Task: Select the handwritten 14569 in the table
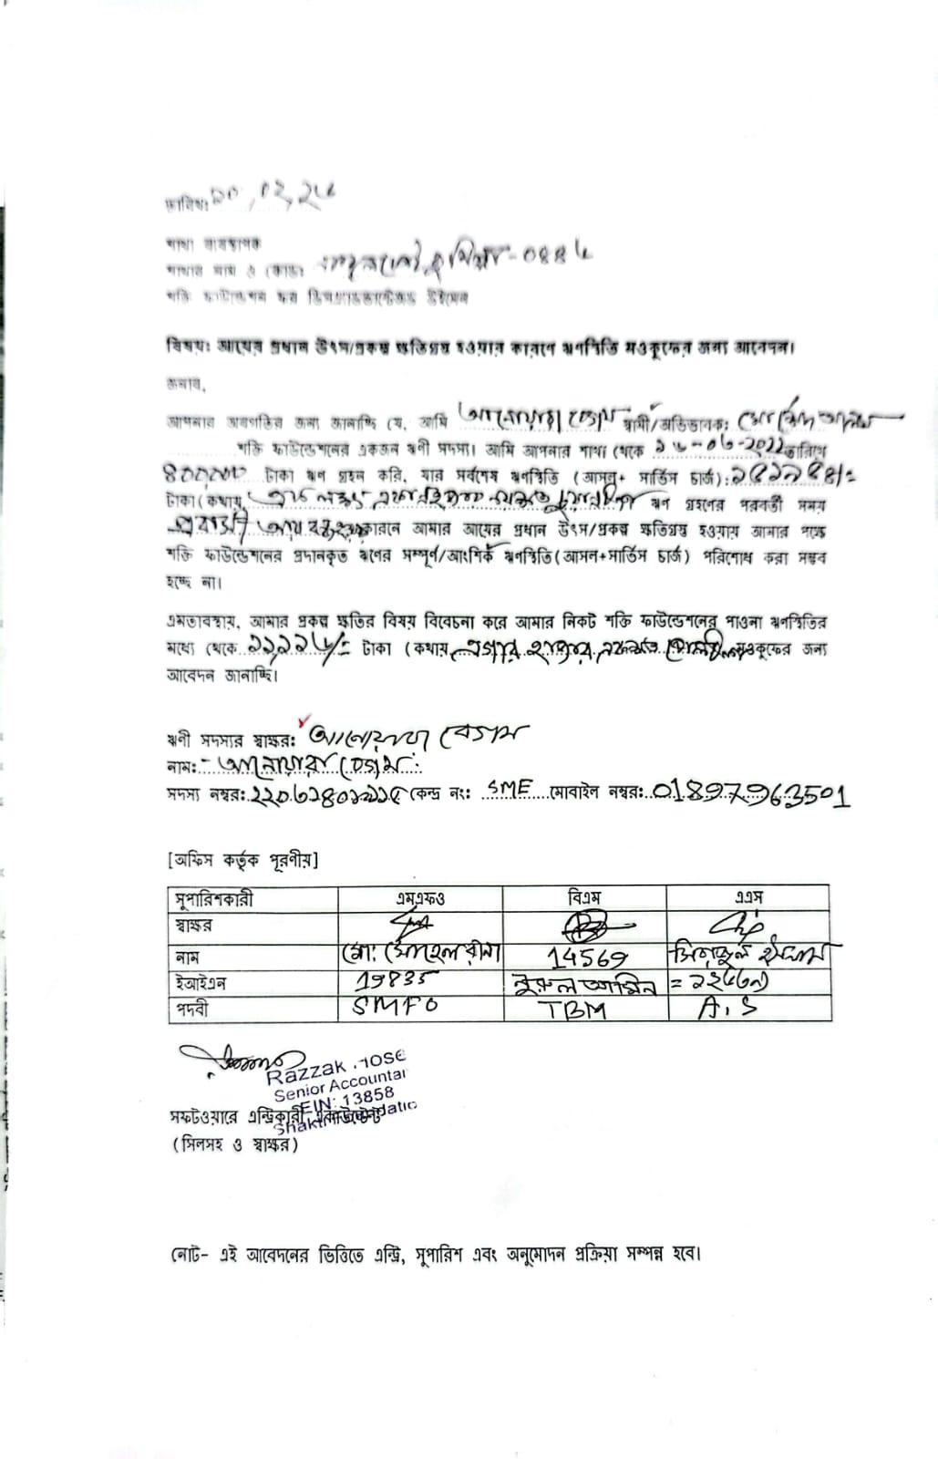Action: pos(587,957)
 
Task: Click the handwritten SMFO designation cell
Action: pos(395,1007)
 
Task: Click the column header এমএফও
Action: pos(420,898)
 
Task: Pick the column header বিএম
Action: pos(584,898)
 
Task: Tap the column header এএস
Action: pos(748,898)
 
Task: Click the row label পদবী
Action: pos(192,1009)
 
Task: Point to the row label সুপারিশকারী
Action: pos(213,899)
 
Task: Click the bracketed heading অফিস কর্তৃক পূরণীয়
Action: pos(243,860)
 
